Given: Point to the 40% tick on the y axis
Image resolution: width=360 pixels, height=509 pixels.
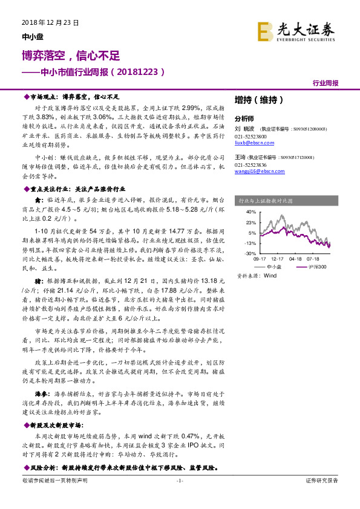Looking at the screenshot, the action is [250, 213].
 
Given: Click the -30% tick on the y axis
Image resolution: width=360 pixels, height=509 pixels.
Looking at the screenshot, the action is [250, 253].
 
